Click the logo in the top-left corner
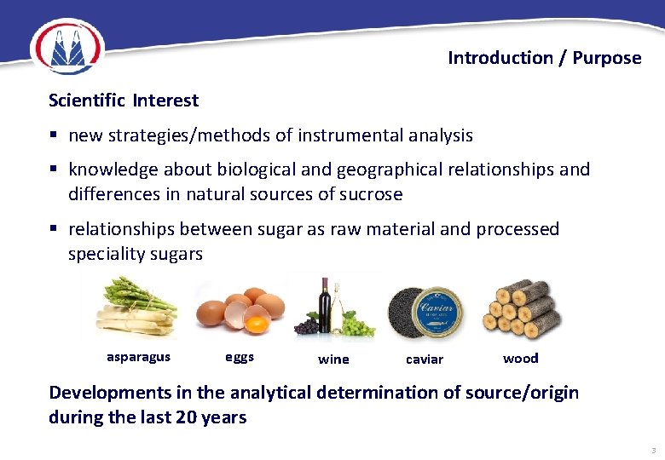tap(66, 47)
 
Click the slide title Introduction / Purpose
tap(544, 58)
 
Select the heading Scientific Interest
tap(124, 101)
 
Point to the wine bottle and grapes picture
tap(333, 307)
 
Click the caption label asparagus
tap(138, 357)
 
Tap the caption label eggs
tap(240, 357)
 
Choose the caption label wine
tap(333, 359)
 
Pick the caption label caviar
tap(425, 359)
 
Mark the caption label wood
tap(520, 358)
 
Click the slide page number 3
tap(653, 450)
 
